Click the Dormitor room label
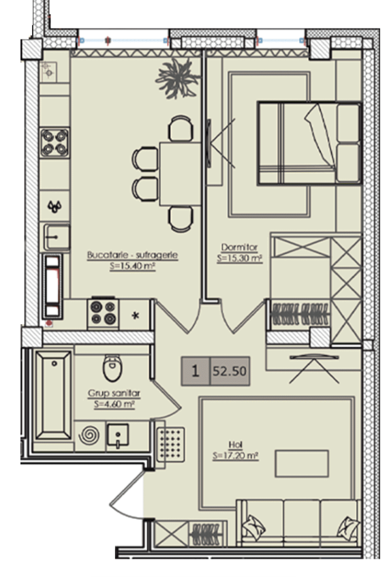click(x=239, y=247)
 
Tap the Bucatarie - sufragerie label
click(x=132, y=255)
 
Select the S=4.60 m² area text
click(x=114, y=404)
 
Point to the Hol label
click(x=236, y=445)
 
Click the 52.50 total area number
click(x=230, y=371)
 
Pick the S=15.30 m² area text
click(x=240, y=258)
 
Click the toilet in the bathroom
click(x=112, y=368)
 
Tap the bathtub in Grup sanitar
click(x=54, y=395)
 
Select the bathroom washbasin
click(x=117, y=437)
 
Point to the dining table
click(x=181, y=174)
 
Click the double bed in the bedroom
click(x=310, y=143)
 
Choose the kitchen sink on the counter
click(x=57, y=237)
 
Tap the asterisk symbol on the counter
click(x=136, y=315)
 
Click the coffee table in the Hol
click(x=302, y=464)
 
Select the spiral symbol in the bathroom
click(x=89, y=436)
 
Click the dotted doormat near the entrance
click(x=170, y=444)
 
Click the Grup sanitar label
click(x=114, y=393)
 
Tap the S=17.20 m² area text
click(x=236, y=456)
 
